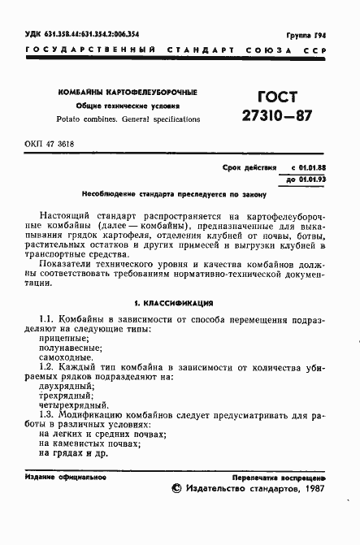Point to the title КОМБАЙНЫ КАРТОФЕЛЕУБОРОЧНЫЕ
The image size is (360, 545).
point(128,93)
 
